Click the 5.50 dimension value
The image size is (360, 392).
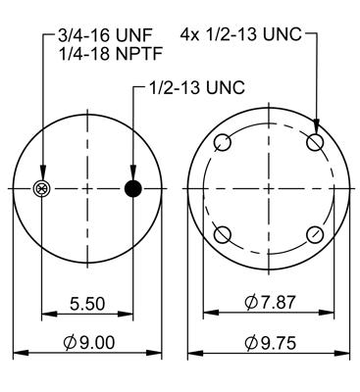coord(86,305)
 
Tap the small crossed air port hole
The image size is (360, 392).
coord(41,188)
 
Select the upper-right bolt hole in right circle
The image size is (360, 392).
coord(315,143)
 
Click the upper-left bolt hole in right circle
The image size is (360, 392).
coord(223,143)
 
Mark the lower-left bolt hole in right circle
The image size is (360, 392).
coord(223,234)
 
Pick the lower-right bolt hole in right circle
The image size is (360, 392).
coord(315,234)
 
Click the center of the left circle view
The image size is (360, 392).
coord(88,188)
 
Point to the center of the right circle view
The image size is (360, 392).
coord(269,188)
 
